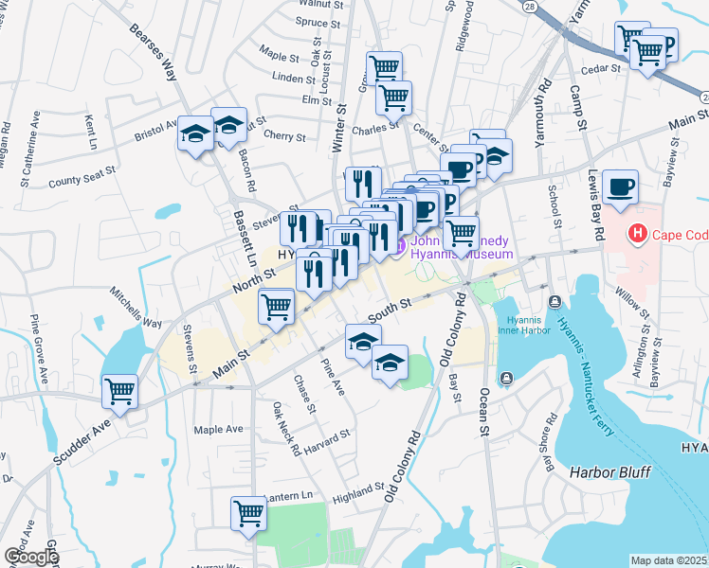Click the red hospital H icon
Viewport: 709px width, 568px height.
638,232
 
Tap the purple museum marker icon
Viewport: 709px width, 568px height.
400,247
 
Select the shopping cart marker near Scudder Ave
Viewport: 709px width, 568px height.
120,391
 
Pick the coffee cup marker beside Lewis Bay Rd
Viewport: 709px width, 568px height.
620,186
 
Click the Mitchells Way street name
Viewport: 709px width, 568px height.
135,308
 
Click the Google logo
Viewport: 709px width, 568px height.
31,556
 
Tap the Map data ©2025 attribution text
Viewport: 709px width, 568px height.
667,560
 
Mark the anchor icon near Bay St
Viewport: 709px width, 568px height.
506,379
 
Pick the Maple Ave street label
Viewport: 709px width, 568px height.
219,430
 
